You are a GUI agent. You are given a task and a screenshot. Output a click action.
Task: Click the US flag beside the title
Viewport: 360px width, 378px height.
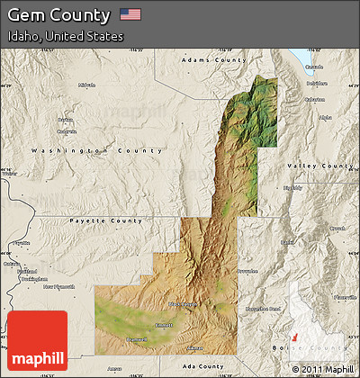point(130,14)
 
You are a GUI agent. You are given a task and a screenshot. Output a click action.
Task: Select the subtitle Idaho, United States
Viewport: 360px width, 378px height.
point(65,37)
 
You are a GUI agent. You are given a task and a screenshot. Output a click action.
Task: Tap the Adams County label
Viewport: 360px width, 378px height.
point(213,59)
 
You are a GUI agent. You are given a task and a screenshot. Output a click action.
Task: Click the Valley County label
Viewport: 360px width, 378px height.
point(319,166)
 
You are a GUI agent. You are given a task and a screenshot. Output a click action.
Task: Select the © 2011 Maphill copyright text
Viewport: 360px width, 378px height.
point(322,369)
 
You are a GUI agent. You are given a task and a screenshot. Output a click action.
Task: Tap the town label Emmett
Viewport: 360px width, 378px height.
point(163,325)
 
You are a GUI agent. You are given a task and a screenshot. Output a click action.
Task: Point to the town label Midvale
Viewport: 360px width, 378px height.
point(86,85)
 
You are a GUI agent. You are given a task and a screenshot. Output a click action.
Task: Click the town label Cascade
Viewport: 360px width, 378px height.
point(313,67)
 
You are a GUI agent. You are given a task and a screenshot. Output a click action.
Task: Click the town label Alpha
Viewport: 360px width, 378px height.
point(325,116)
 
